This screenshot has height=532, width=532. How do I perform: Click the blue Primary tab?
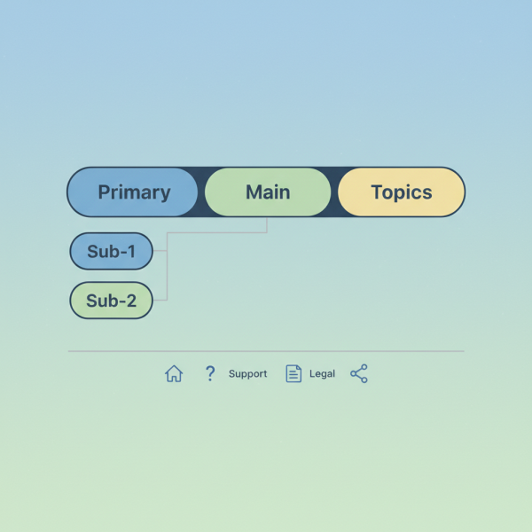click(133, 192)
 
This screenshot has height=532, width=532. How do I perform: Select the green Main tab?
click(268, 192)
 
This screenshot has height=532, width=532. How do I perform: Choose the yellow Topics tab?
click(402, 192)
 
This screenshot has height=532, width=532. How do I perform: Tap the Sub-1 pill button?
click(111, 252)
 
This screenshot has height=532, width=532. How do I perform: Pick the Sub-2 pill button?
click(111, 301)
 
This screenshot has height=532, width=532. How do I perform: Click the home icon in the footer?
click(174, 374)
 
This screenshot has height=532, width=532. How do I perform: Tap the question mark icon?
click(210, 374)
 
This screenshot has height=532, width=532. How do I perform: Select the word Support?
click(247, 374)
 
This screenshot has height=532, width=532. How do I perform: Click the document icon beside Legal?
click(293, 374)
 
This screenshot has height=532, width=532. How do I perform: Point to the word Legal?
click(322, 374)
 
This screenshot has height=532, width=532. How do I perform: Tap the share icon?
click(358, 374)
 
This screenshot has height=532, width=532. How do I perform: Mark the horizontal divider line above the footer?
click(266, 351)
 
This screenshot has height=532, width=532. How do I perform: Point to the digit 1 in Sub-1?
click(131, 252)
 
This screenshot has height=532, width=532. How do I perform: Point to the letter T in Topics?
click(377, 192)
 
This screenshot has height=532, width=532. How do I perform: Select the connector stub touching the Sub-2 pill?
click(160, 301)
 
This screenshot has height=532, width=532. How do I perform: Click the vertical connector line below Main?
click(267, 225)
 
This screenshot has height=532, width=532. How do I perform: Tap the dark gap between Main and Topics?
click(334, 192)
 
